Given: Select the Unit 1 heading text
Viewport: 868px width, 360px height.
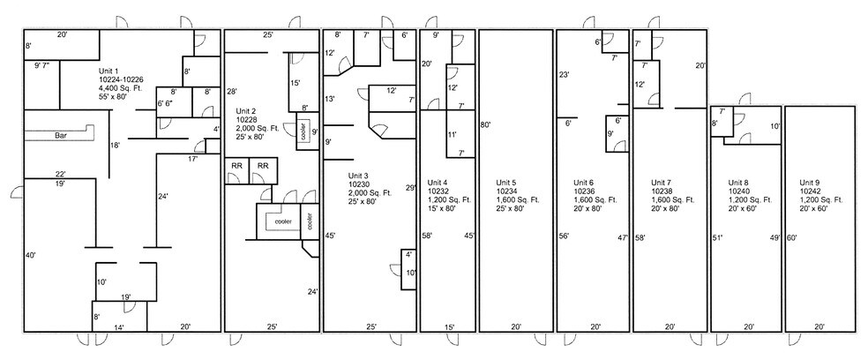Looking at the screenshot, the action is [108, 71].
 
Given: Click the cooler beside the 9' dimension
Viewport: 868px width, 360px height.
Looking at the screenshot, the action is [303, 132].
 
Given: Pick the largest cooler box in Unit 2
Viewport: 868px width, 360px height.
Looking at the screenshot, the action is [279, 221].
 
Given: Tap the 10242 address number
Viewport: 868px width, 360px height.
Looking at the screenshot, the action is [809, 191].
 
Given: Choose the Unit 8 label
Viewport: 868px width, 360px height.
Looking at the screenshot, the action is [738, 183].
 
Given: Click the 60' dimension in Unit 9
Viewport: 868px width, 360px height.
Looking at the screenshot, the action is [791, 237].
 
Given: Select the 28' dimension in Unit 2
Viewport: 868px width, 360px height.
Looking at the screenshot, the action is [232, 91].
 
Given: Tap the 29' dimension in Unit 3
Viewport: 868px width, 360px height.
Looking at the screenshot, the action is [410, 188].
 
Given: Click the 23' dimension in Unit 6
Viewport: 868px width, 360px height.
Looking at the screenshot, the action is [565, 74].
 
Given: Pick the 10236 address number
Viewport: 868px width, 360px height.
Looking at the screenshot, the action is [583, 191].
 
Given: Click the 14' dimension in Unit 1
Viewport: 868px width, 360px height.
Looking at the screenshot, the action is [118, 327].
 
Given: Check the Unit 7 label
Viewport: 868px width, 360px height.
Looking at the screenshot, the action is [661, 183].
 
